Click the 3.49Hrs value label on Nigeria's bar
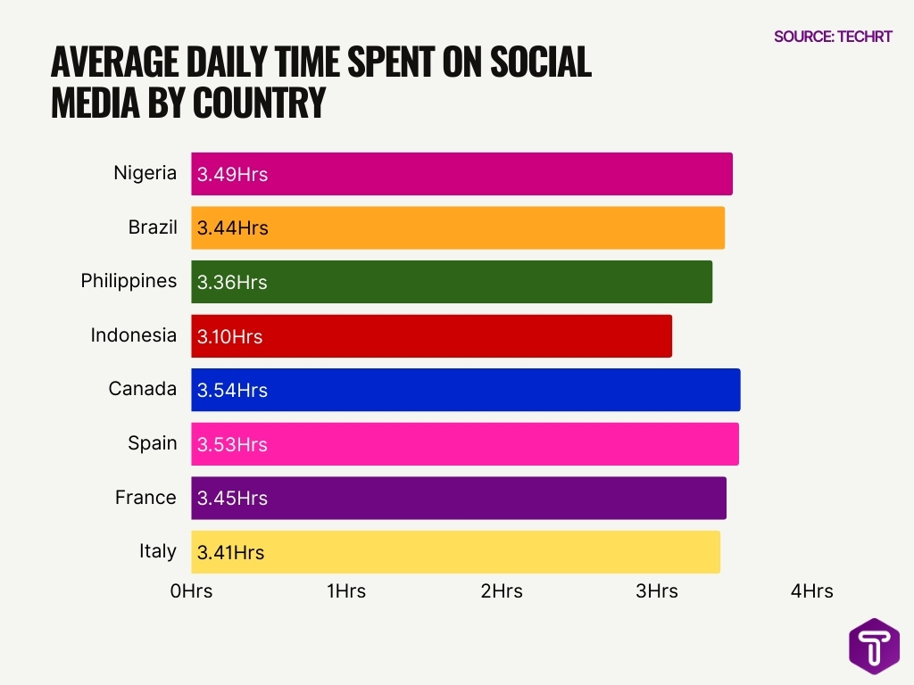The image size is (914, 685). pos(232,174)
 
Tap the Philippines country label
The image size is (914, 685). pos(129,281)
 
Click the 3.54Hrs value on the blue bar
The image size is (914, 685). pos(232,391)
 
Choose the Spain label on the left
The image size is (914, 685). pos(152,443)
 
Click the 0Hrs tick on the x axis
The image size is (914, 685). pos(191,590)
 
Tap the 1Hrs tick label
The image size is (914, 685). pos(346,590)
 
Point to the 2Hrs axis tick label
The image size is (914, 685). pos(502,590)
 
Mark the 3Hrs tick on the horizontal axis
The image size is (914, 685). pos(657,590)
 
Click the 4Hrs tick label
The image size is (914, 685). pos(811,590)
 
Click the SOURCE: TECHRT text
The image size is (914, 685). pos(833,37)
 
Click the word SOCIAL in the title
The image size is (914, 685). pos(536,62)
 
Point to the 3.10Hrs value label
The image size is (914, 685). pos(230,336)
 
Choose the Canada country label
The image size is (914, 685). pos(143,389)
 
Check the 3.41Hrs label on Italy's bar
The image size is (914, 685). pos(230,552)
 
